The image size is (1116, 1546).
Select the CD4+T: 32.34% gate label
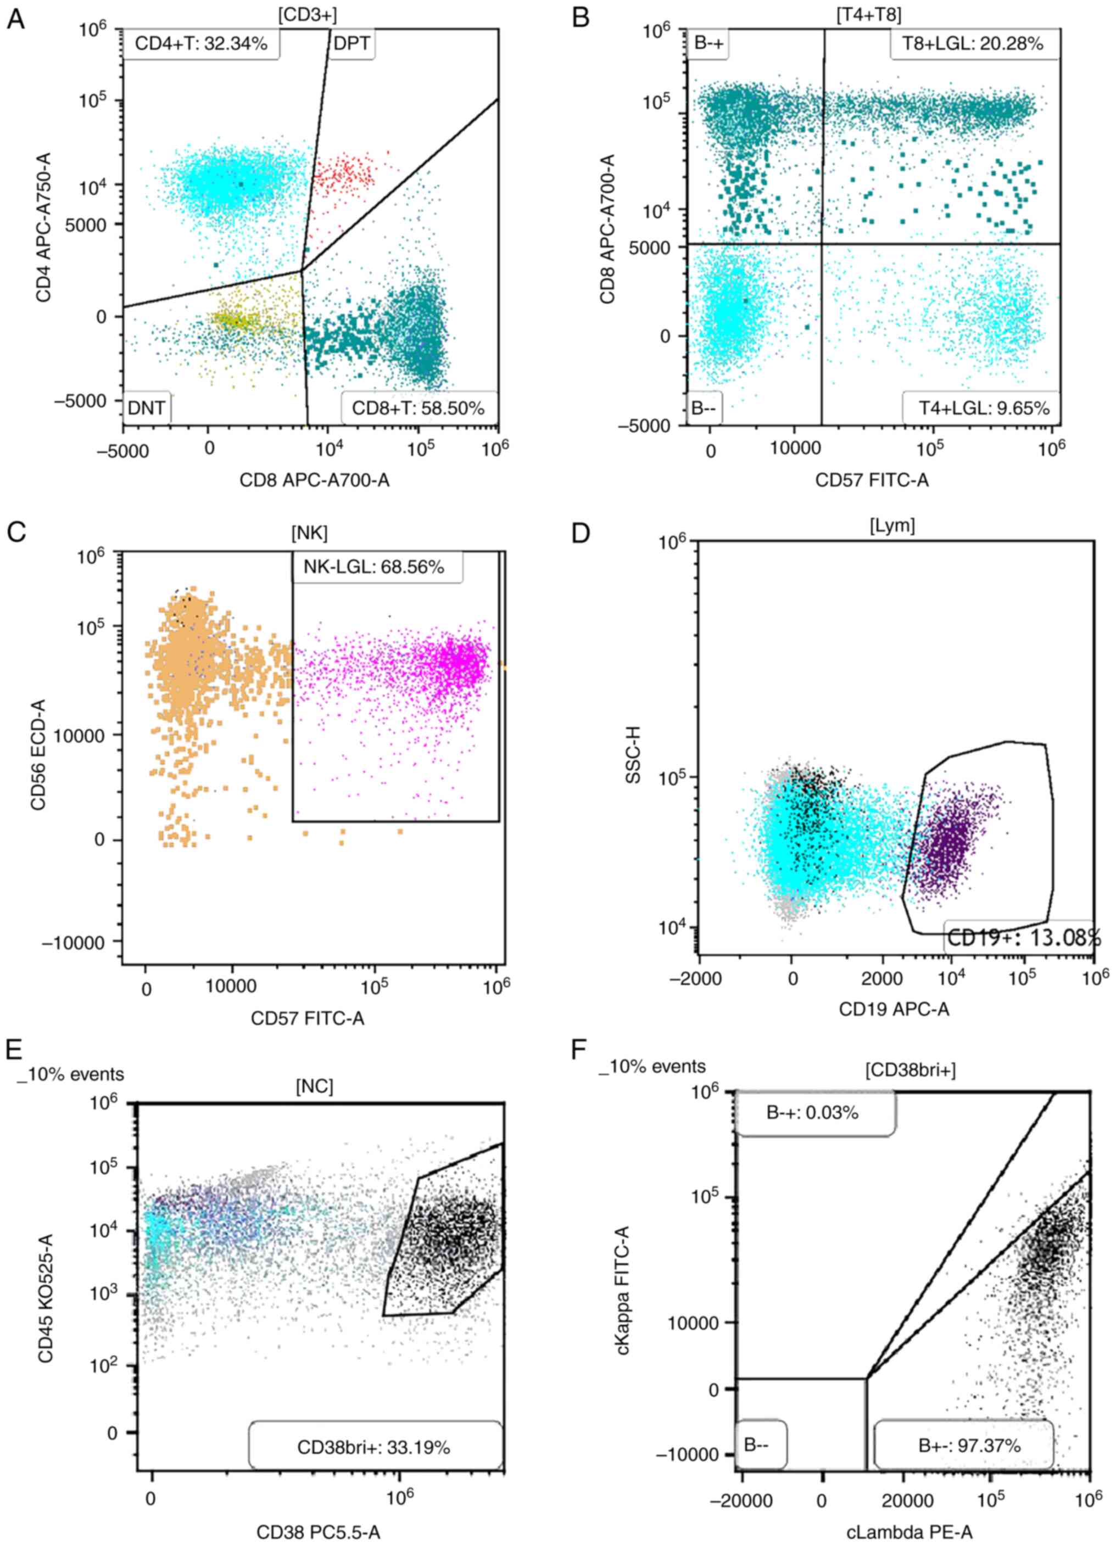(x=200, y=45)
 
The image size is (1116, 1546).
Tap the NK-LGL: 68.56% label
(x=377, y=567)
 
